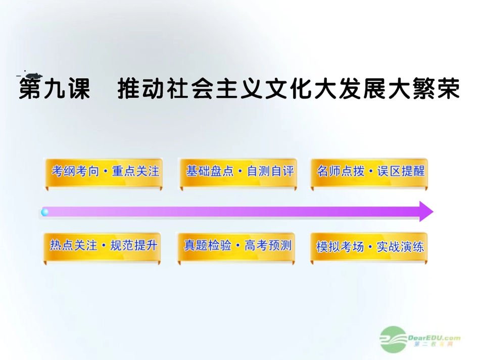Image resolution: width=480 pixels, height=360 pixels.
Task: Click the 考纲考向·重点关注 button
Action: point(105,171)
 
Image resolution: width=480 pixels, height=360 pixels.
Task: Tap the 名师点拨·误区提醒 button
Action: point(370,171)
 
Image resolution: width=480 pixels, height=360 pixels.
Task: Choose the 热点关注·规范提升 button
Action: point(104,246)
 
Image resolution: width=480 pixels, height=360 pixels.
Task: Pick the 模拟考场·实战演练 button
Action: point(370,247)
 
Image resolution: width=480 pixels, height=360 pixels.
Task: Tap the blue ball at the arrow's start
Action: point(45,212)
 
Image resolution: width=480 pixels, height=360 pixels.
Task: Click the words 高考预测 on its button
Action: point(268,246)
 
